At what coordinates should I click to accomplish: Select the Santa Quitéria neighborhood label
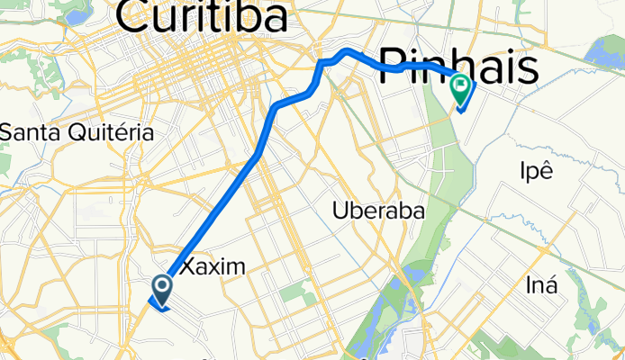[77, 132]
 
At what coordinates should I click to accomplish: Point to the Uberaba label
[377, 211]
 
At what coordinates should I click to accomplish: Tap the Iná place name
[541, 286]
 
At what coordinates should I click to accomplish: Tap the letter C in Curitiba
[134, 19]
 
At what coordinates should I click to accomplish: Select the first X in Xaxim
[189, 266]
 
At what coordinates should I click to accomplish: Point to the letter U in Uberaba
[340, 211]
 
